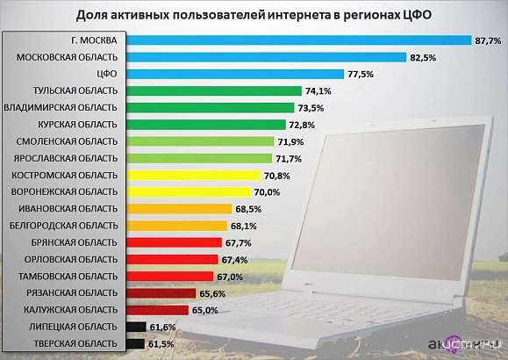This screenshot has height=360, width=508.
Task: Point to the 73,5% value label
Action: [311, 107]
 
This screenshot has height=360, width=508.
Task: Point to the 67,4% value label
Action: [233, 259]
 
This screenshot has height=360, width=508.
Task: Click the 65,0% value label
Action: [204, 310]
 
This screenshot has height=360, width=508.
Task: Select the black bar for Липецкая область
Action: [135, 327]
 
